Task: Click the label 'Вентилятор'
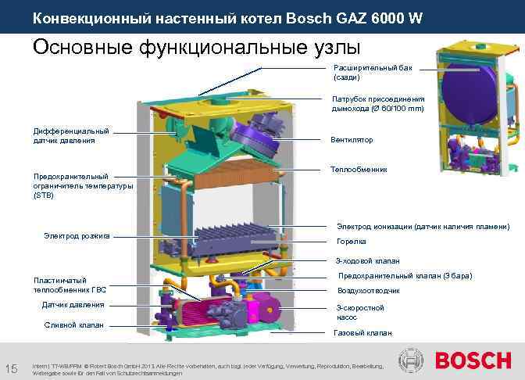[352, 140]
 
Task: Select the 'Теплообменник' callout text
[358, 169]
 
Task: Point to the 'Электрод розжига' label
[77, 235]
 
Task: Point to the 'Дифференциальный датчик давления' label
[70, 135]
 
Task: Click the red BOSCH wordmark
[473, 361]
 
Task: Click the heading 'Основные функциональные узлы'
[191, 48]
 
